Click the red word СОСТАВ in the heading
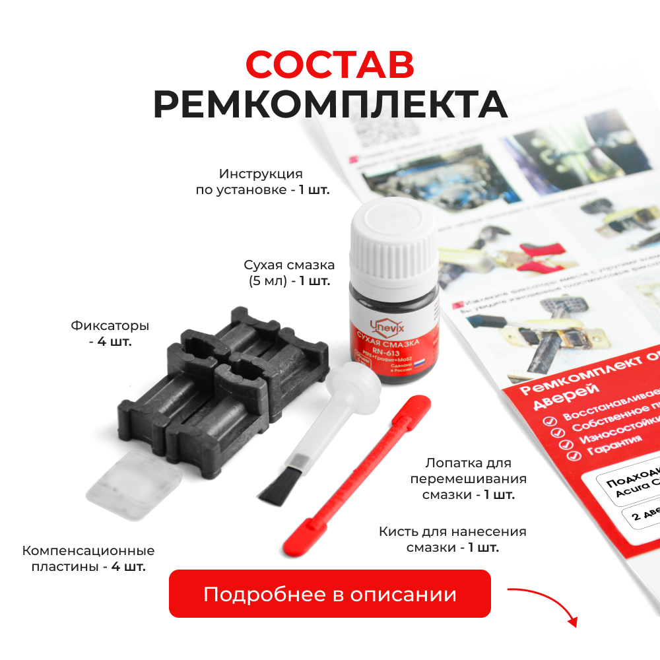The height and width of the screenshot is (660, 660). [330, 65]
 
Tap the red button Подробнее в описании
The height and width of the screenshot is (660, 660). [330, 593]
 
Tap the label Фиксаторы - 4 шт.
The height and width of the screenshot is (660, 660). [110, 333]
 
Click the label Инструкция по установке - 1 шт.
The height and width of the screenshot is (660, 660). [261, 181]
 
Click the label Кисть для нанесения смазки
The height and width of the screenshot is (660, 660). [452, 539]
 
